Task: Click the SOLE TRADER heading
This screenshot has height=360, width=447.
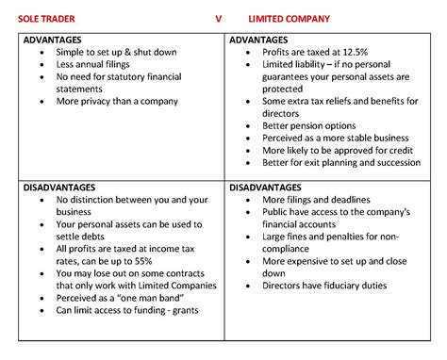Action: (x=49, y=18)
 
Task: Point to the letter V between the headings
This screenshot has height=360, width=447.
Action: (x=218, y=18)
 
